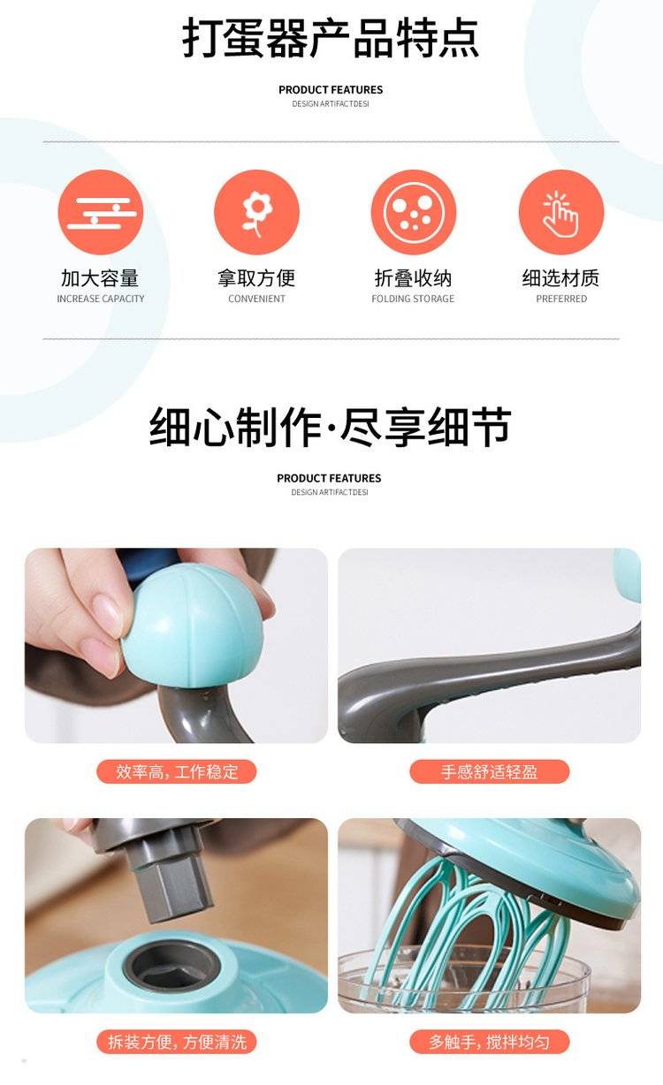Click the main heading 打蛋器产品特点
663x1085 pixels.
331,38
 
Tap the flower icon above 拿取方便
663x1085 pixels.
256,212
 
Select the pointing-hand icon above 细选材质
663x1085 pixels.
561,212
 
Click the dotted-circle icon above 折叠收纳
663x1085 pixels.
414,212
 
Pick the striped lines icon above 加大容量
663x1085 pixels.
101,212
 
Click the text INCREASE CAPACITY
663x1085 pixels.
101,299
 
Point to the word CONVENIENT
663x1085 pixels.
257,299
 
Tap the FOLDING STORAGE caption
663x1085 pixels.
413,299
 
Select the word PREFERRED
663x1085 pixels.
561,299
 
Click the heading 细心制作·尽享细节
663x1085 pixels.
330,427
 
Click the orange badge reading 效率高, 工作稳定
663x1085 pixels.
177,771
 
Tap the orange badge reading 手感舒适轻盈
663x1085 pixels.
489,771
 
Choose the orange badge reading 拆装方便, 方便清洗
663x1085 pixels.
177,1042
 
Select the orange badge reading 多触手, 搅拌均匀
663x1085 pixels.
489,1042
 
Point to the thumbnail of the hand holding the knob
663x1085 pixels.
177,646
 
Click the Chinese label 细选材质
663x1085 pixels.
560,278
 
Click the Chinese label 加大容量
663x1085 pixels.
100,278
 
